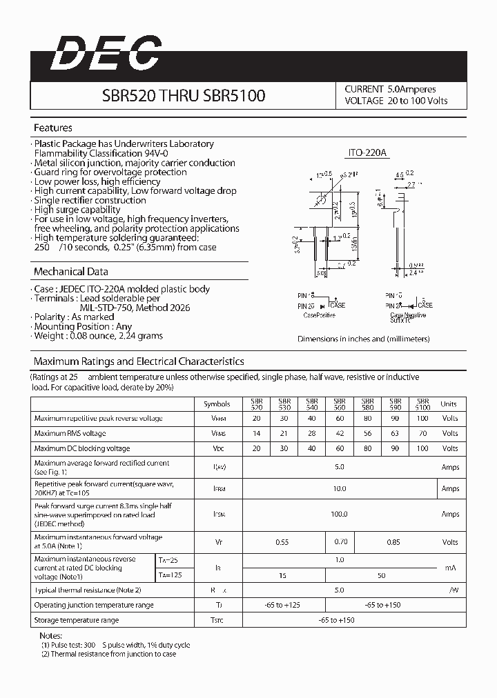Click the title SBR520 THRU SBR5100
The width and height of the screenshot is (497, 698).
[184, 95]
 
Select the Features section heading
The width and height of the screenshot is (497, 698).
[53, 128]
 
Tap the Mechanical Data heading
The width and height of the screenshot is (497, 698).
[71, 272]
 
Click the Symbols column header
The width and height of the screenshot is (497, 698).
[217, 404]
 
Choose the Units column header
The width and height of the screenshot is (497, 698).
[449, 404]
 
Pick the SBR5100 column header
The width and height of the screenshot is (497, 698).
[422, 404]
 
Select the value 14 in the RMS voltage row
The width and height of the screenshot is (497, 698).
[257, 434]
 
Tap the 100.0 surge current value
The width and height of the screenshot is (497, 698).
[339, 514]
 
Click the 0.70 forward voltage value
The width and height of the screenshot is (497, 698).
[340, 542]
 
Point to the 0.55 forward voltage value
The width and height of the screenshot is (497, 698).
[282, 542]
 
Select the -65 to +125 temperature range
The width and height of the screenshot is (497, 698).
[282, 605]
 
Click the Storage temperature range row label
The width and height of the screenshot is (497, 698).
[77, 620]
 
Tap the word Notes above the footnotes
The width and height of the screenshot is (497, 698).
[50, 635]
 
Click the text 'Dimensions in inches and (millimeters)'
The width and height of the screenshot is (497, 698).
[363, 339]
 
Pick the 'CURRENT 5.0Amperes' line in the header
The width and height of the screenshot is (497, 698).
[390, 89]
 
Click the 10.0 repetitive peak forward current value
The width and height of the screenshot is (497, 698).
[339, 488]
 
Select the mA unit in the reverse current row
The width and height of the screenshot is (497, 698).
[450, 567]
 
